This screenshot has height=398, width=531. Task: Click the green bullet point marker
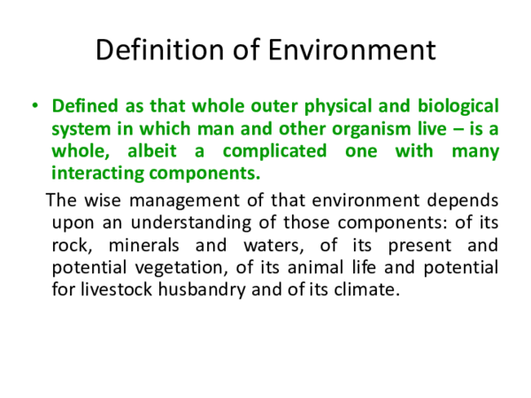(35, 106)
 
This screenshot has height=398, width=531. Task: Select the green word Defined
(82, 106)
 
